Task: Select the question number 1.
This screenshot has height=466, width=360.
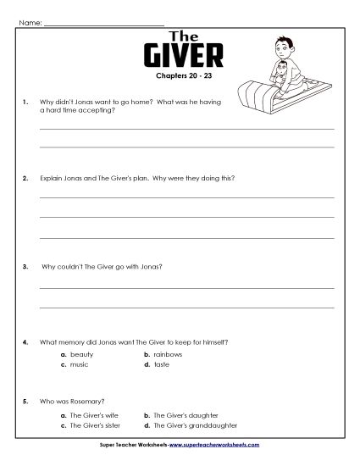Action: [26, 102]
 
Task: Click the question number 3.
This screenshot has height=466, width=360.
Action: [26, 266]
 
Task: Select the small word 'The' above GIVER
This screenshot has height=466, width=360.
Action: [185, 36]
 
